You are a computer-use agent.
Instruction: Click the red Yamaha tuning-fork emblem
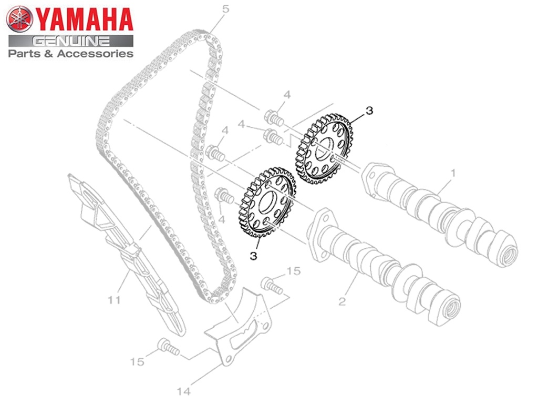19,19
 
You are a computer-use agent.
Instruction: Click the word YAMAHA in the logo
84,19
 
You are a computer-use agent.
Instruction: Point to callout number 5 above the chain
225,9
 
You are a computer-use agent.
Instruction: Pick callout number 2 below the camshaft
342,301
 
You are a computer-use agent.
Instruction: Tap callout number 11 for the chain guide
114,300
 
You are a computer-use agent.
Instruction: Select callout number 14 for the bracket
183,391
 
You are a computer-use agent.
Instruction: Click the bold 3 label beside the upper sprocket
369,110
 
